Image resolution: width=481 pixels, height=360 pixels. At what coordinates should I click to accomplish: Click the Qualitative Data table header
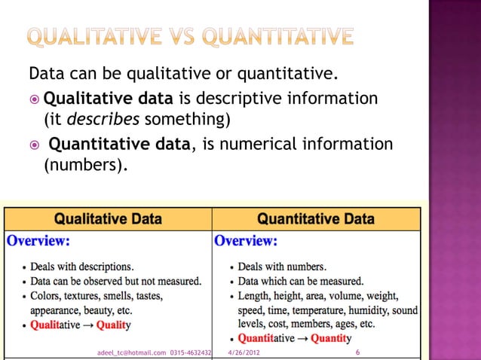coord(108,219)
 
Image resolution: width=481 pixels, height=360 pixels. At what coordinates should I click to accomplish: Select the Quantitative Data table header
coord(316,219)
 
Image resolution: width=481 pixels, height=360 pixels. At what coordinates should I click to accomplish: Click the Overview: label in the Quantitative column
coord(246,242)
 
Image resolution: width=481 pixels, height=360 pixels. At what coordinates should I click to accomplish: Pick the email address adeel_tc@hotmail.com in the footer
coord(132,352)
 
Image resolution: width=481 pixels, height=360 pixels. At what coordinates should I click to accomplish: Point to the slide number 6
coord(356,352)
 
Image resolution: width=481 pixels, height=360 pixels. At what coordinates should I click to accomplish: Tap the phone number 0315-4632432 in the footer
coord(191,352)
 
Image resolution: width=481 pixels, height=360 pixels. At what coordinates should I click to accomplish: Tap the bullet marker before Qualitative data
coord(35,99)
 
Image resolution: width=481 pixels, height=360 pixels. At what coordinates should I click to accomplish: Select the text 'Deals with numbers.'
coord(282,267)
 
